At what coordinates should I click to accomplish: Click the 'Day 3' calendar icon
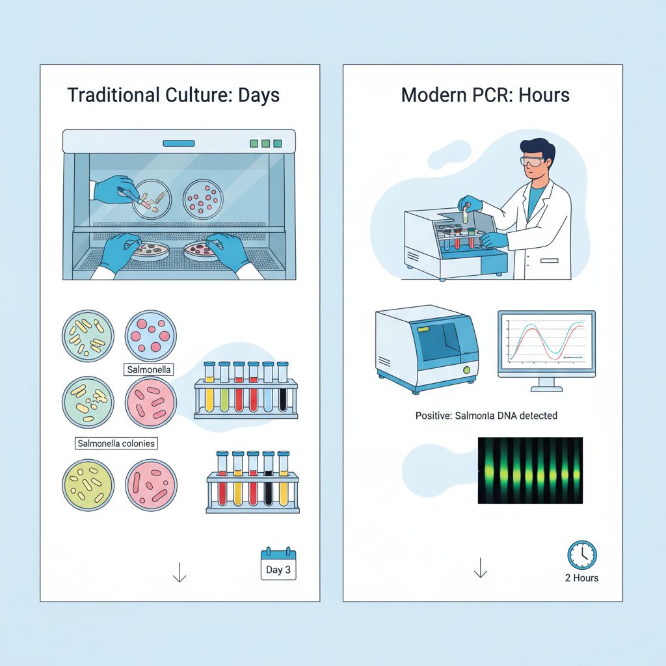point(278,564)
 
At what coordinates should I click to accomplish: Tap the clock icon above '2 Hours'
point(582,555)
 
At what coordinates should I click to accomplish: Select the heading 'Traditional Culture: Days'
point(173,95)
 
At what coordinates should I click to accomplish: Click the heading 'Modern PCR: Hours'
point(485,95)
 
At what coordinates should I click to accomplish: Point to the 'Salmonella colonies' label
point(116,444)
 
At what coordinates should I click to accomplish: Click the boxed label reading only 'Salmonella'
point(149,369)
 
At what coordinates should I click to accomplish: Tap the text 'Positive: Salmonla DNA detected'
point(486,416)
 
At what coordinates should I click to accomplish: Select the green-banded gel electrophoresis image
point(530,471)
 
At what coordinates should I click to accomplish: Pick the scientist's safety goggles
point(532,161)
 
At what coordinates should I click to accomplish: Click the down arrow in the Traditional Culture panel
point(180,572)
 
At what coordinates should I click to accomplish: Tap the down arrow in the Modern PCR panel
point(481,568)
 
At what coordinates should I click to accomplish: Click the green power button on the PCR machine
point(466,370)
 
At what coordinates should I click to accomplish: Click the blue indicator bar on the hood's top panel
point(179,144)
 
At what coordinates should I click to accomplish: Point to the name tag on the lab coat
point(549,260)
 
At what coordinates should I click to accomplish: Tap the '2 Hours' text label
point(581,578)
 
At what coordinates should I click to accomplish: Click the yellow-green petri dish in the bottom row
point(88,485)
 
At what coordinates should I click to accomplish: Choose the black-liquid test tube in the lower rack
point(268,478)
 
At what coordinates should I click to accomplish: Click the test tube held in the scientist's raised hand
point(466,213)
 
